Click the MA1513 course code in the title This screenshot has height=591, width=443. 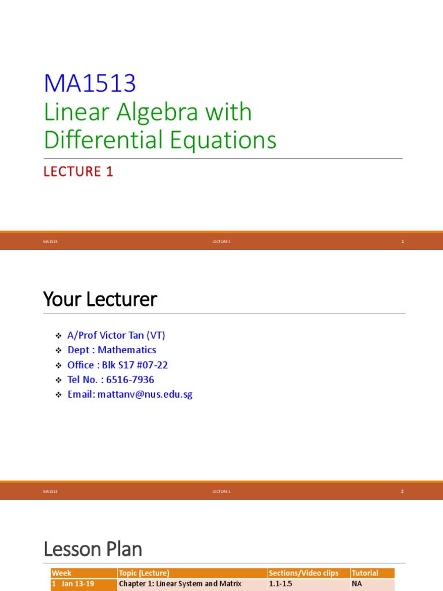89,84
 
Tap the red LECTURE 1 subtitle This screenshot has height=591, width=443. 78,171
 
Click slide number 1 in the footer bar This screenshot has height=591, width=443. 403,242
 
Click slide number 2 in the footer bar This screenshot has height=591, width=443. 403,492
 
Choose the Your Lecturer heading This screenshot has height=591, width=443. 100,300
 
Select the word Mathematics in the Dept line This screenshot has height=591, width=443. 127,350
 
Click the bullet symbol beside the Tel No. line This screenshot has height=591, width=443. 58,380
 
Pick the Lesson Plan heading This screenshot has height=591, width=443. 92,549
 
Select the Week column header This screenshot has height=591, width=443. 62,573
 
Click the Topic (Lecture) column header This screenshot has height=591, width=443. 144,573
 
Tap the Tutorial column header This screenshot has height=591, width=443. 365,573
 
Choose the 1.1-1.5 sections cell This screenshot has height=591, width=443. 280,583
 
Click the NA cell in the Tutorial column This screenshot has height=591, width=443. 356,583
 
